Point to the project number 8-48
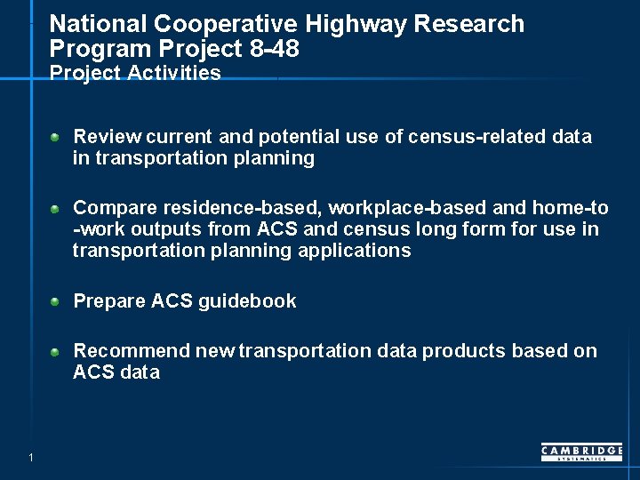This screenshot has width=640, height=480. (x=275, y=49)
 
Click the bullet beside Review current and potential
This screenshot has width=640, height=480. (x=55, y=138)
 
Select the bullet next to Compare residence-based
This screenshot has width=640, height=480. (x=55, y=209)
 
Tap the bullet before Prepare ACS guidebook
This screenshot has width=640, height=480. (x=55, y=302)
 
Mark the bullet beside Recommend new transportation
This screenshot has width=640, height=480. (x=55, y=352)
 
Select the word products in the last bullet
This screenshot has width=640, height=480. (x=464, y=351)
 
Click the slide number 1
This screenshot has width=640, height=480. (x=30, y=458)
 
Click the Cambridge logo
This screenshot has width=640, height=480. (x=581, y=452)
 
